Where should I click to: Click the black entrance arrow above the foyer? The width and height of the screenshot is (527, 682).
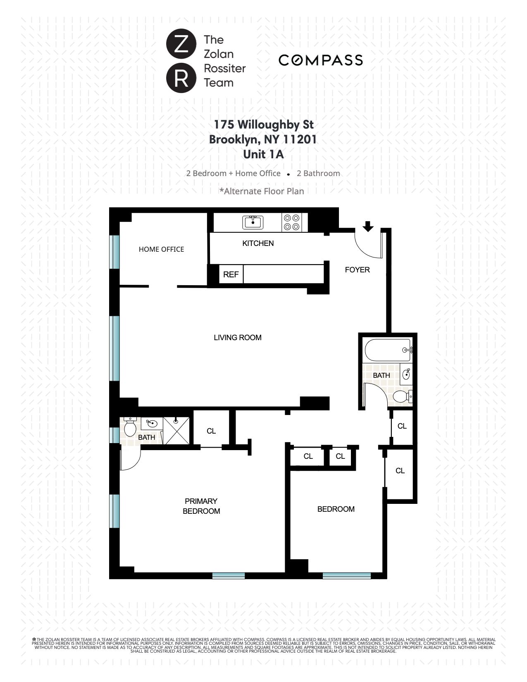(368, 226)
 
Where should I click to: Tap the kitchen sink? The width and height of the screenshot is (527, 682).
(253, 222)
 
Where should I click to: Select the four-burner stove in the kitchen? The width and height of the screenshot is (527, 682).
(291, 222)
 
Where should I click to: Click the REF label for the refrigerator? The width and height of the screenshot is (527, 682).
(231, 274)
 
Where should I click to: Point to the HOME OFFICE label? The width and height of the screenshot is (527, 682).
(161, 249)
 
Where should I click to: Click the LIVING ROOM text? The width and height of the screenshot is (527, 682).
(237, 338)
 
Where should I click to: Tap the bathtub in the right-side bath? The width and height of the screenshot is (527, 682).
(387, 350)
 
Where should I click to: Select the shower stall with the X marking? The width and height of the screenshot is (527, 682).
(176, 431)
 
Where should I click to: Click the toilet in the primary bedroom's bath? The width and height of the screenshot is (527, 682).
(130, 428)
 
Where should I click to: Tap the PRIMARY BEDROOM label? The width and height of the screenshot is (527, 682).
(201, 506)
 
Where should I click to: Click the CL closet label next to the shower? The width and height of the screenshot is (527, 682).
(211, 431)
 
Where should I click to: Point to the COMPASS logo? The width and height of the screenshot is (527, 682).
(320, 60)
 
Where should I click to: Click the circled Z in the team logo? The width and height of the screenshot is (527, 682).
(181, 43)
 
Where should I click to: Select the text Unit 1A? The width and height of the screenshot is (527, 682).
(263, 154)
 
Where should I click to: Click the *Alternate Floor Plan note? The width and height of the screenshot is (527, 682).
(262, 191)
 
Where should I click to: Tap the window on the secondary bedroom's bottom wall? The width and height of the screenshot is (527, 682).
(346, 575)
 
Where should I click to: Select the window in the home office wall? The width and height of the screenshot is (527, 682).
(114, 252)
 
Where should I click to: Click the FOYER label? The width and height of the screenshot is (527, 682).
(357, 270)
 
